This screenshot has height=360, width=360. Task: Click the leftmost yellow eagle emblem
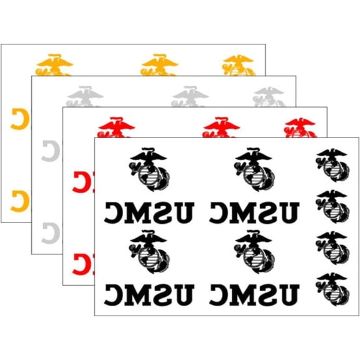(x=54, y=65)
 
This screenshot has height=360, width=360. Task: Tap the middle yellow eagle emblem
(x=159, y=65)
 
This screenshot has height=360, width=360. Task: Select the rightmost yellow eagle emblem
(x=239, y=66)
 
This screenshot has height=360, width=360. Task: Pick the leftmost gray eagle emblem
(x=85, y=96)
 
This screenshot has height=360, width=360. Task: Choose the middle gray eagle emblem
(x=191, y=96)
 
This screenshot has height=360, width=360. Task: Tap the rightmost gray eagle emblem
(x=269, y=97)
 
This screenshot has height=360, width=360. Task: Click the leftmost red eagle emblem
(x=117, y=127)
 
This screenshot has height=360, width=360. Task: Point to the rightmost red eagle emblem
(x=301, y=128)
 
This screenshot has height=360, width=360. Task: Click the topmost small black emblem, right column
(x=332, y=165)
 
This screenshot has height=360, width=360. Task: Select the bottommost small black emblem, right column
(x=332, y=289)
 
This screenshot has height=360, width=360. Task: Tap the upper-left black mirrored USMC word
(x=149, y=212)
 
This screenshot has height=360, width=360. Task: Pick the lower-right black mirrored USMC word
(x=254, y=295)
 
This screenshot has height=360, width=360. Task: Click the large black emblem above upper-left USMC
(x=149, y=169)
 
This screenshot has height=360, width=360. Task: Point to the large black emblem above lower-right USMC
(x=254, y=252)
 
